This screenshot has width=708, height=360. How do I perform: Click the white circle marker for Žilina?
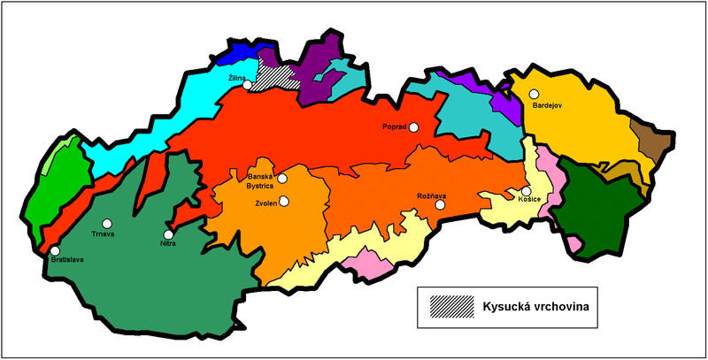[x=250, y=86]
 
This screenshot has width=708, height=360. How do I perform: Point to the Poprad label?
[x=395, y=127]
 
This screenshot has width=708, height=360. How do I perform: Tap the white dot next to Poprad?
[x=414, y=127]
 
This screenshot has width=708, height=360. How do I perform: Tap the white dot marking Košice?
[x=526, y=191]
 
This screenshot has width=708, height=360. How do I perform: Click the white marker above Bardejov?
[x=534, y=93]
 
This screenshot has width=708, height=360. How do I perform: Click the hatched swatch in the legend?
[x=450, y=306]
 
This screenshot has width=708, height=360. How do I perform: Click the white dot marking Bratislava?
[x=55, y=252]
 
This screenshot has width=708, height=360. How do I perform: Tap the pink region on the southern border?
[x=366, y=261]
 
